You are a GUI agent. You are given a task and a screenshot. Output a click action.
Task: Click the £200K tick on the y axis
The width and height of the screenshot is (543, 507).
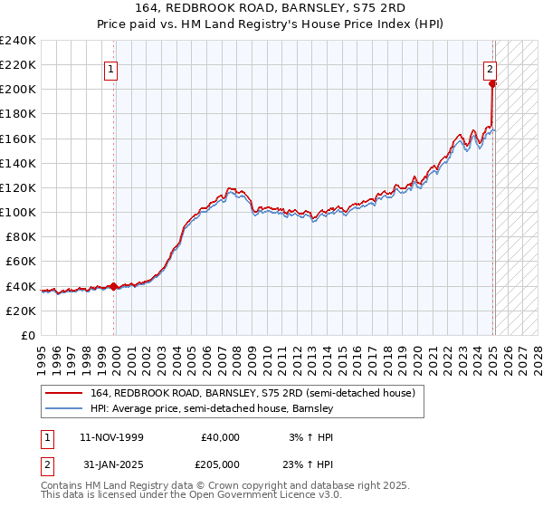[17, 90]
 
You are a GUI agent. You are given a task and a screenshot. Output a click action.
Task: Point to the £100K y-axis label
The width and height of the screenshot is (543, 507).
[17, 212]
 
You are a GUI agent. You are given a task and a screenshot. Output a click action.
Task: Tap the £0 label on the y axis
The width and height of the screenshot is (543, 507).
[29, 335]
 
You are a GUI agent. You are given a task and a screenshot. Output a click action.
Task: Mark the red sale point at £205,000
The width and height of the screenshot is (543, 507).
[492, 84]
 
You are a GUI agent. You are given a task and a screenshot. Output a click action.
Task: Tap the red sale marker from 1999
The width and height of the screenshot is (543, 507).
[114, 286]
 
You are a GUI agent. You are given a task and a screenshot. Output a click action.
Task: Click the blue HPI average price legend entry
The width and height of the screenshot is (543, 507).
[212, 409]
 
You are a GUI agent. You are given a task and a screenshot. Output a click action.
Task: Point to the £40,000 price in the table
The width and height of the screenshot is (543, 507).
[221, 437]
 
